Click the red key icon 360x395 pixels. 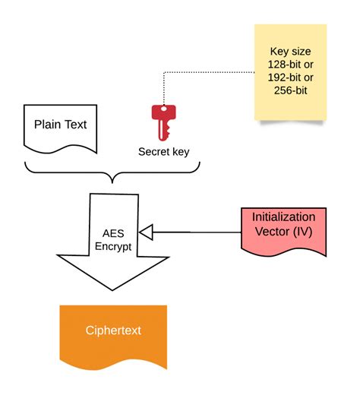pyautogui.click(x=162, y=122)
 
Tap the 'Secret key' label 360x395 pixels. pyautogui.click(x=163, y=151)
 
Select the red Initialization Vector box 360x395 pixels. pyautogui.click(x=283, y=232)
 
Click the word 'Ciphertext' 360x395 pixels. pyautogui.click(x=112, y=330)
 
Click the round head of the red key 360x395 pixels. pyautogui.click(x=162, y=113)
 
